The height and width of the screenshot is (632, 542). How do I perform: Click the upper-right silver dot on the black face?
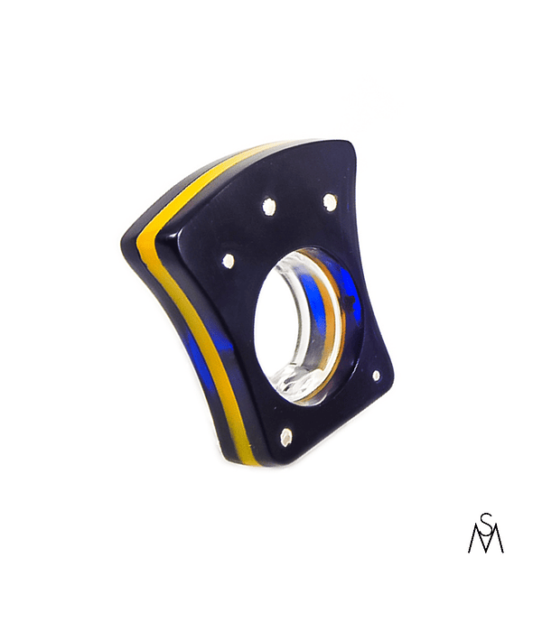click(x=330, y=200)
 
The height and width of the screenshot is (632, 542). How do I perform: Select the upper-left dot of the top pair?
click(x=268, y=205)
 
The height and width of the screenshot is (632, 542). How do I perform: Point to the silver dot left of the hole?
click(x=229, y=260)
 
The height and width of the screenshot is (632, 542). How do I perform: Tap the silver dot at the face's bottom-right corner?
click(x=377, y=376)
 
